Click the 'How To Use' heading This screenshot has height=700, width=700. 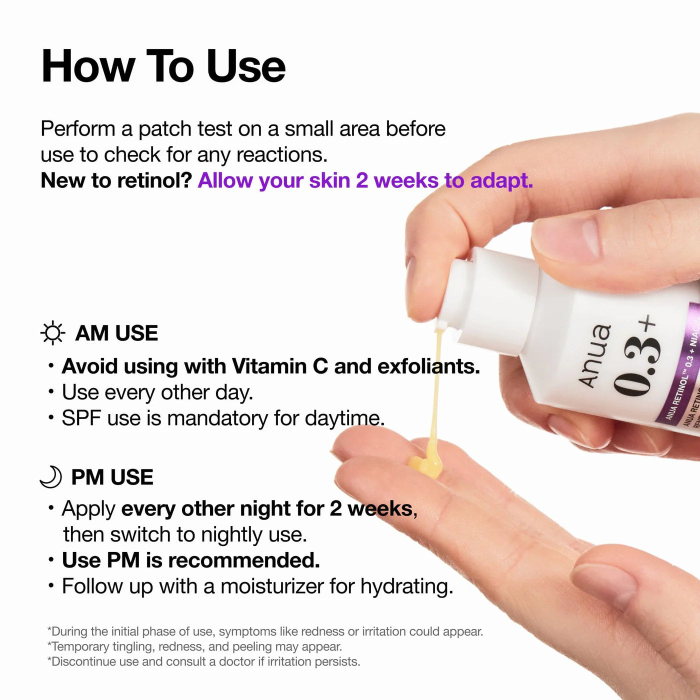163,66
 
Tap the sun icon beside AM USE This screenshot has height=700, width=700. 52,333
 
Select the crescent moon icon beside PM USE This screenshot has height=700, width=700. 51,477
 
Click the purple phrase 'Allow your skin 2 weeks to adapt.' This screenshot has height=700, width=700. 365,180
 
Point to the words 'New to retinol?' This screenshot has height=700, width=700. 116,180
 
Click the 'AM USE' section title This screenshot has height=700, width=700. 116,333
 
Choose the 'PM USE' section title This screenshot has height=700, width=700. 112,477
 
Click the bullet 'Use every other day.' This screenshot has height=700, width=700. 157,392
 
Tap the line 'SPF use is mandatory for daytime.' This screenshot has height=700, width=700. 222,418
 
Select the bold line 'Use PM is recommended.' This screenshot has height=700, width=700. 190,560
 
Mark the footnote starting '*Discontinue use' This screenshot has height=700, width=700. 203,661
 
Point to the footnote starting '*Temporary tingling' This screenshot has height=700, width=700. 194,646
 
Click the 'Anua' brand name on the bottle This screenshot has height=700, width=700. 594,355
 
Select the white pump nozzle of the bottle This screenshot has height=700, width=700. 457,300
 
